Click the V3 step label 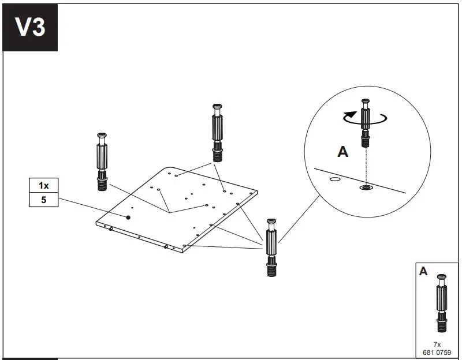30,27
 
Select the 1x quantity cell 44,186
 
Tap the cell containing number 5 44,200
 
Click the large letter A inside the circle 342,152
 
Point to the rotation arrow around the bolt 365,118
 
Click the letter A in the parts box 423,271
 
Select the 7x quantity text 437,344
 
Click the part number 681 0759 437,351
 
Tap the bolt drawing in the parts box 441,303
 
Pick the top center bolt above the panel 218,133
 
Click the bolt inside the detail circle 365,123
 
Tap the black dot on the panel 128,217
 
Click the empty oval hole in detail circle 334,179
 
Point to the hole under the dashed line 365,187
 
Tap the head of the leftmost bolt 102,136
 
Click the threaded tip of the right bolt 271,269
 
